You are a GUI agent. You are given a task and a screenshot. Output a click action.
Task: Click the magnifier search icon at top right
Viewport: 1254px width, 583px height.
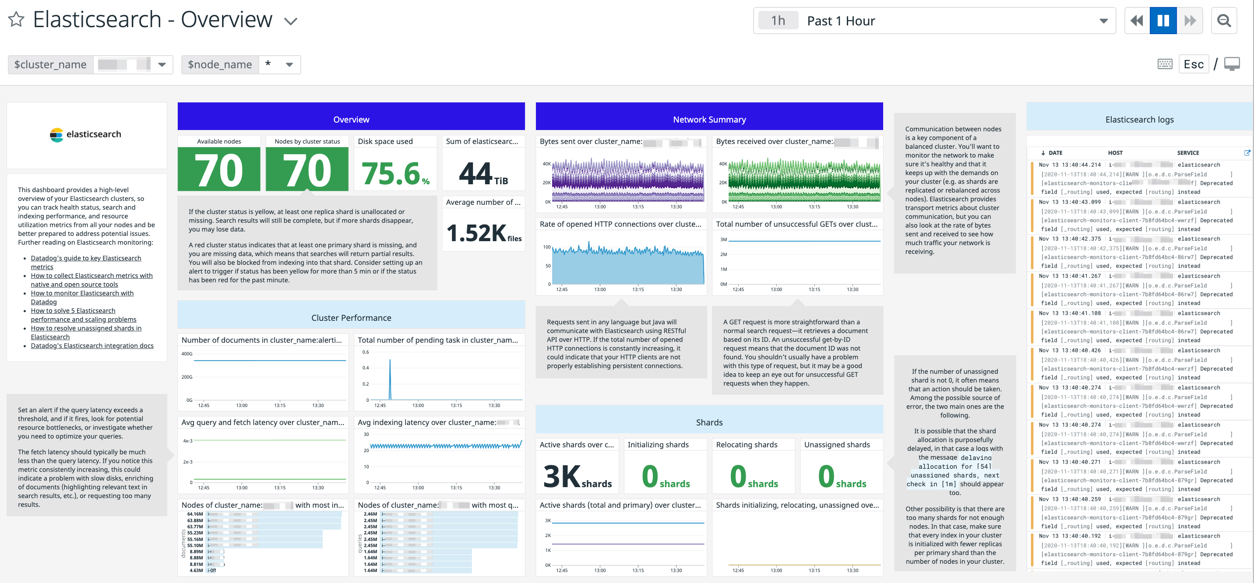pos(1223,21)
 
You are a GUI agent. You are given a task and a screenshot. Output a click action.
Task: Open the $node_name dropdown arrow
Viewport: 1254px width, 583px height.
pos(289,65)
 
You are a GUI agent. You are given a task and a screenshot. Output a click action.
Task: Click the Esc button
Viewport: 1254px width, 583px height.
pos(1193,64)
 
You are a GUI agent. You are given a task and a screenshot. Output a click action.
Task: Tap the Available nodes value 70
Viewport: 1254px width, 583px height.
pos(218,170)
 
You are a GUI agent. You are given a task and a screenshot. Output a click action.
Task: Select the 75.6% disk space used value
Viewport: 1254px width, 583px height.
pos(395,174)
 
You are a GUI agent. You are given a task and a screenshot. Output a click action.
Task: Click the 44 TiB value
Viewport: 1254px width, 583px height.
pos(483,174)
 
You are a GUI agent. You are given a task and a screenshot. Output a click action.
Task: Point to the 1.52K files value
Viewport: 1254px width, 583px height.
pos(483,233)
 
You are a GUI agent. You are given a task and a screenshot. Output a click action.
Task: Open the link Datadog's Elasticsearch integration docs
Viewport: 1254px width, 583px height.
pos(92,345)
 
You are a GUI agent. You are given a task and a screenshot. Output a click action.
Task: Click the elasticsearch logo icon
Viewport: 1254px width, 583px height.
pos(56,134)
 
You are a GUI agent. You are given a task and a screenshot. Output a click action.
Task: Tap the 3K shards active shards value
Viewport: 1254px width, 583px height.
pos(577,477)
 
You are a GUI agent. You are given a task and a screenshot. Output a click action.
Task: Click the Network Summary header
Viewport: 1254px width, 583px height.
pos(709,119)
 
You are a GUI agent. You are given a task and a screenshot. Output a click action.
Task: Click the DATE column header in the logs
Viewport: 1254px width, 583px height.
pos(1055,153)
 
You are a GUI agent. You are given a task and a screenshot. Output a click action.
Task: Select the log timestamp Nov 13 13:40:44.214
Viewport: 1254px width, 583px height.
pos(1069,165)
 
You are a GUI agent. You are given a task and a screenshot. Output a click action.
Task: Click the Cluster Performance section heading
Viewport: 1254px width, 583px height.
pos(351,318)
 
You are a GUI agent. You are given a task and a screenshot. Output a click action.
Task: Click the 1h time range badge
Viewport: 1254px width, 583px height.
pos(778,21)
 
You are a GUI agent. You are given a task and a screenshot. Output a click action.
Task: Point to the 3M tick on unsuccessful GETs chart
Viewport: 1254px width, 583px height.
pos(723,239)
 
